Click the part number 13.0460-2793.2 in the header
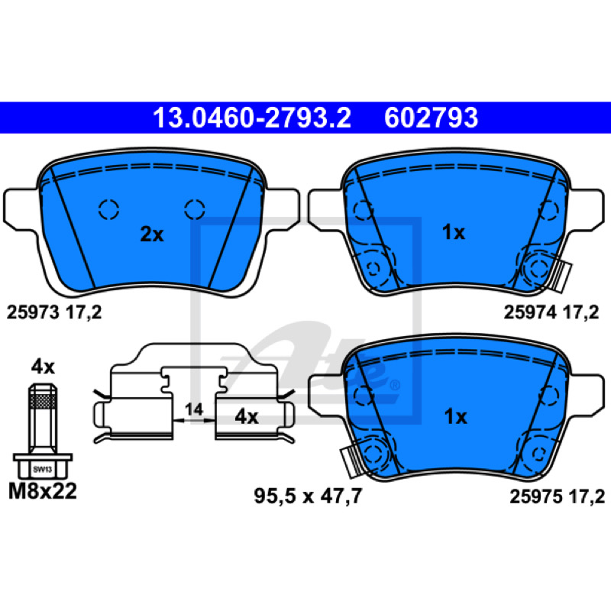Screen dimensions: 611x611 coord(252,118)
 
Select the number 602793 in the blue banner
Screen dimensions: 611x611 coord(431,118)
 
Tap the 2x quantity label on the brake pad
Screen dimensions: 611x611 coord(152,234)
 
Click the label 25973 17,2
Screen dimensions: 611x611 coord(54,312)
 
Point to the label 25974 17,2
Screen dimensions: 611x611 coord(551,312)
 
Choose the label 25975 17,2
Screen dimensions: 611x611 coord(558,497)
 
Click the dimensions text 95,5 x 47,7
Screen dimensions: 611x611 coord(308,496)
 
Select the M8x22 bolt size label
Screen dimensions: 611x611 coord(43,491)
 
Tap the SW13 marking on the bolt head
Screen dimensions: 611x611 coord(43,469)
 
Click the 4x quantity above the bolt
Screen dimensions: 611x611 coord(43,367)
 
